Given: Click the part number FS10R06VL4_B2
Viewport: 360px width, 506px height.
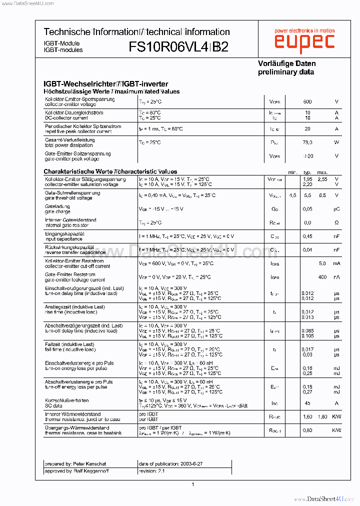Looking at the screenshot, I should (x=178, y=47).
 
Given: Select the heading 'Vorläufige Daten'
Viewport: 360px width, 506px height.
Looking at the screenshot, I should (x=286, y=63).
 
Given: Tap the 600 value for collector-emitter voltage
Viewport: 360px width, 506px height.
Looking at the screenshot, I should (x=307, y=102).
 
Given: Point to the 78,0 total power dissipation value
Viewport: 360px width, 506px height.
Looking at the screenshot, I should (x=307, y=142).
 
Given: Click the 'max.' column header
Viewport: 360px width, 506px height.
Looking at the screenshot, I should (x=322, y=172).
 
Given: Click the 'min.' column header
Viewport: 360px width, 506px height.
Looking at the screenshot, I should (x=293, y=172).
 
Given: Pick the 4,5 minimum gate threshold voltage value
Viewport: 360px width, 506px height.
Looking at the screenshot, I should (x=293, y=195).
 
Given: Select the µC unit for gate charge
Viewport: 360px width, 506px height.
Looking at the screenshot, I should (x=336, y=209).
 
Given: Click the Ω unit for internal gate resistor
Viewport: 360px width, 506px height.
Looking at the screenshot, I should (x=336, y=222).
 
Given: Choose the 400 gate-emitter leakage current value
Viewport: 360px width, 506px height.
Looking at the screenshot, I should (x=322, y=277).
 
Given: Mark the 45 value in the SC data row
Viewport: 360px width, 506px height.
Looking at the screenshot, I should (x=307, y=403).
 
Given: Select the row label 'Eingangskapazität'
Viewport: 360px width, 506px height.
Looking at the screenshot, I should (x=64, y=233).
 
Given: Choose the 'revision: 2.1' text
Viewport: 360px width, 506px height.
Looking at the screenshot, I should (x=151, y=471).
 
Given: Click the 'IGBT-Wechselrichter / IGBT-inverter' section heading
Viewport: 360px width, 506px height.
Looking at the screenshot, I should (x=106, y=84).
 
